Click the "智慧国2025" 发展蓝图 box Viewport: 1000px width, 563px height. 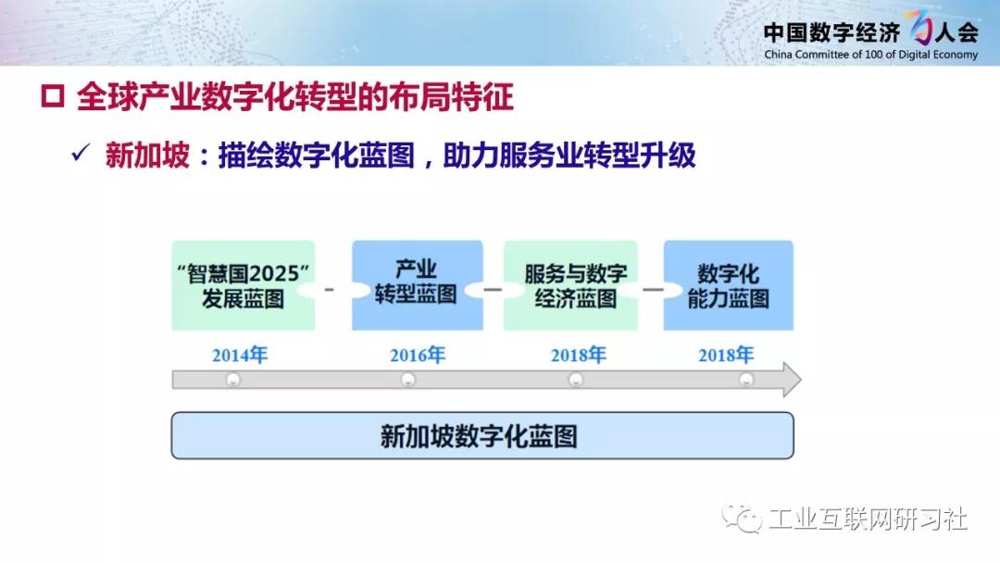(243, 285)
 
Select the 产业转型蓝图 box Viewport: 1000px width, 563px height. (417, 285)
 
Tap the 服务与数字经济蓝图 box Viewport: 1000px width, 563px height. (570, 285)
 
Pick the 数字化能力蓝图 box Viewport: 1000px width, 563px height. (729, 285)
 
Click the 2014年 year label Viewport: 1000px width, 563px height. (240, 355)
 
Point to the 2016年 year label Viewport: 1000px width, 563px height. (418, 355)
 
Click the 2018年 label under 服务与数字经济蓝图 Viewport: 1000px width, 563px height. (579, 355)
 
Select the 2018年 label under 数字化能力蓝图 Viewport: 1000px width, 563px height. (726, 355)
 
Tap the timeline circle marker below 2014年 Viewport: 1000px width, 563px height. (233, 380)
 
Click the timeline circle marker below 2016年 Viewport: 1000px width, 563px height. (408, 380)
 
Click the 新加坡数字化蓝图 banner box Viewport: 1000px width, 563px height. (482, 435)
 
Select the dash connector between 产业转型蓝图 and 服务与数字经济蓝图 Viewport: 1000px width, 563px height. (493, 290)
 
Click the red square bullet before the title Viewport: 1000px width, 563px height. (52, 97)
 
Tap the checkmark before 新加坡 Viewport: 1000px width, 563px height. (81, 153)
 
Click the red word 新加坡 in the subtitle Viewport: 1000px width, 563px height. (147, 155)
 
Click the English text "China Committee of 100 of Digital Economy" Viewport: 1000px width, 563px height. (870, 55)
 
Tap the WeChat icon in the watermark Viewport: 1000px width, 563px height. (742, 519)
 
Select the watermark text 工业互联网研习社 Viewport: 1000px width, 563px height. (868, 519)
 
